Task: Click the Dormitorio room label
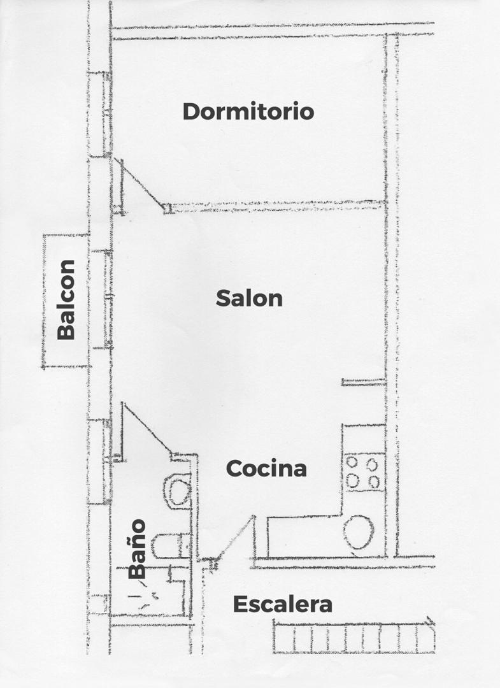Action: pyautogui.click(x=248, y=111)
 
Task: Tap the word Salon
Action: pyautogui.click(x=249, y=298)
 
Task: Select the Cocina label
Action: pyautogui.click(x=266, y=468)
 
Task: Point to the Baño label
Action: pyautogui.click(x=137, y=548)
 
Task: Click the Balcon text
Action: pyautogui.click(x=66, y=299)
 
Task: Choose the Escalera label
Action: pyautogui.click(x=282, y=604)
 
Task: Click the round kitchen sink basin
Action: pyautogui.click(x=359, y=532)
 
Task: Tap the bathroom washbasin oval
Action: pyautogui.click(x=178, y=491)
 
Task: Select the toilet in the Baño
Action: pyautogui.click(x=171, y=545)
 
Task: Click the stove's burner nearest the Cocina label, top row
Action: pyautogui.click(x=352, y=462)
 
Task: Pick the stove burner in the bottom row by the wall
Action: pyautogui.click(x=374, y=482)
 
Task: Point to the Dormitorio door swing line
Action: pyautogui.click(x=141, y=183)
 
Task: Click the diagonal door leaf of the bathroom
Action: pyautogui.click(x=147, y=428)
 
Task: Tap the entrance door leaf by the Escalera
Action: pyautogui.click(x=236, y=538)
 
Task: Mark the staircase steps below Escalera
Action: pyautogui.click(x=354, y=637)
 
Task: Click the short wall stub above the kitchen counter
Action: pyautogui.click(x=364, y=383)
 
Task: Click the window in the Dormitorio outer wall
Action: pyautogui.click(x=106, y=114)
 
